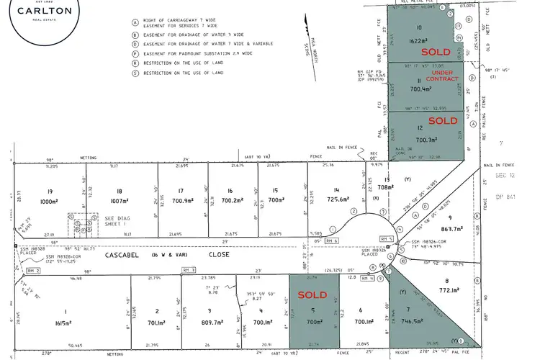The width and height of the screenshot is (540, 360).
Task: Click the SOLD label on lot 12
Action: coord(443,121)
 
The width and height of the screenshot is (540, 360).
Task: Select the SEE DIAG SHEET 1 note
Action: coord(118,222)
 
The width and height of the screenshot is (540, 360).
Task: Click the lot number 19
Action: coord(50,190)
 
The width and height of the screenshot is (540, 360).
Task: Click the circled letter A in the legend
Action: coord(134,22)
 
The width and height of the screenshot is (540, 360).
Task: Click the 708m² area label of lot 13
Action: coord(386,188)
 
